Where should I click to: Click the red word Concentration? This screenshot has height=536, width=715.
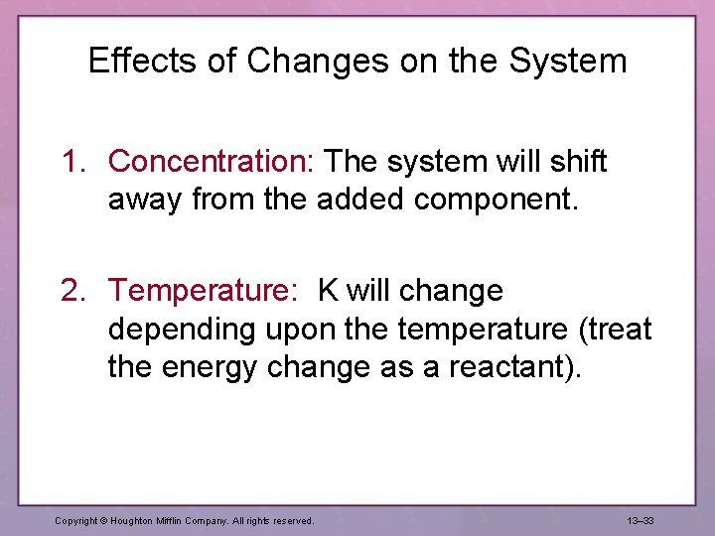click(x=211, y=162)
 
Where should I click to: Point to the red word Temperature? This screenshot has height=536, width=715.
click(x=203, y=292)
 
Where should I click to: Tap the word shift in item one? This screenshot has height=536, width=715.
click(x=577, y=162)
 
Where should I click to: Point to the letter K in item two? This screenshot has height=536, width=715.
click(x=328, y=292)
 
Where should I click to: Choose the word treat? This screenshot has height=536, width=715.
click(x=613, y=329)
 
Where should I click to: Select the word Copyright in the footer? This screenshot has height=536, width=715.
click(x=75, y=520)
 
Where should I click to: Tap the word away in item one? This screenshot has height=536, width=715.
click(x=146, y=200)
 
